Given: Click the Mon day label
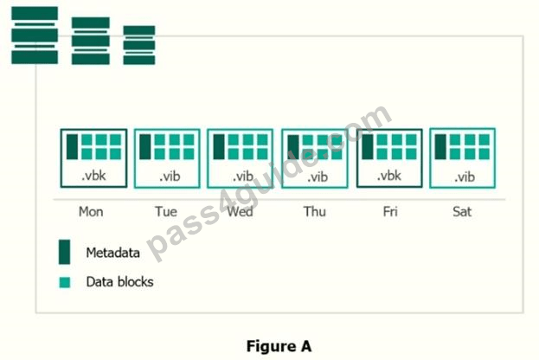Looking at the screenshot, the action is [x=91, y=211].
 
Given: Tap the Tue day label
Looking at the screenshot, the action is [x=166, y=211].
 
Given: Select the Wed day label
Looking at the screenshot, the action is [x=240, y=211].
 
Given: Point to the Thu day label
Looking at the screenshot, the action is [x=315, y=211].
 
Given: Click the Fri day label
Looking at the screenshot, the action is [x=390, y=211].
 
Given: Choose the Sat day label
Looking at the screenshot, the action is [x=462, y=211].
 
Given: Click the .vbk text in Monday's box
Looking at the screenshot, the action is [x=93, y=176].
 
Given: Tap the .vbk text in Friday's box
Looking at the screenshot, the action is [x=388, y=176].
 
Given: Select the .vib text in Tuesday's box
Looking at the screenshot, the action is [x=170, y=177].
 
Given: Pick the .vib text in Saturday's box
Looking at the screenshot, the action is [x=465, y=177].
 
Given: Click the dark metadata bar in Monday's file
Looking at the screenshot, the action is [x=72, y=147].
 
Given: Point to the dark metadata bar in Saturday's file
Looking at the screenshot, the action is [x=440, y=147].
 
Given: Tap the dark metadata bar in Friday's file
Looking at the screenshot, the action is [x=368, y=147].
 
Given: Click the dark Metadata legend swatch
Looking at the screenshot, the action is [x=64, y=252].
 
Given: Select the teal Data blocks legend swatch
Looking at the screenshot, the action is [x=65, y=282].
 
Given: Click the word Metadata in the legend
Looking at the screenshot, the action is [x=112, y=253].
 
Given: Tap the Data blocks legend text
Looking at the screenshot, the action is [x=119, y=282].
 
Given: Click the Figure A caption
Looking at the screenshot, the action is [x=279, y=346].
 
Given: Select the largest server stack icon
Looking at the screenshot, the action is [x=35, y=35].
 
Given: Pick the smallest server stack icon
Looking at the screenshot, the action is [x=139, y=45].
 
